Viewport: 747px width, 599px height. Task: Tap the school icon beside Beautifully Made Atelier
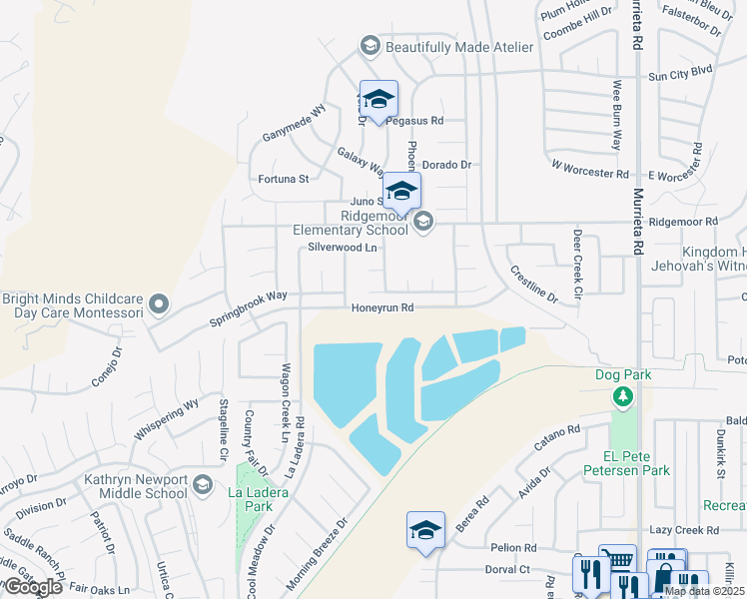coord(371,46)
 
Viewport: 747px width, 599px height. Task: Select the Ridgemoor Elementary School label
coord(351,222)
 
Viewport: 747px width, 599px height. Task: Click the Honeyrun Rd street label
coord(381,308)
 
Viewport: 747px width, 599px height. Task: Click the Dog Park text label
coord(623,374)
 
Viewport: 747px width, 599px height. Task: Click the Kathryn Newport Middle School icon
coord(203,486)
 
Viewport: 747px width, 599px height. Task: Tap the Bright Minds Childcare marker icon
coord(159,302)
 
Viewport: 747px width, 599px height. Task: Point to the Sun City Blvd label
coord(680,74)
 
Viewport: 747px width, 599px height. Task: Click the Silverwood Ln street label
coord(343,247)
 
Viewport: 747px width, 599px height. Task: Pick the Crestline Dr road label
coord(533,283)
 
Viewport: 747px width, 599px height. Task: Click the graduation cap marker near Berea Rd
coord(425,530)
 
